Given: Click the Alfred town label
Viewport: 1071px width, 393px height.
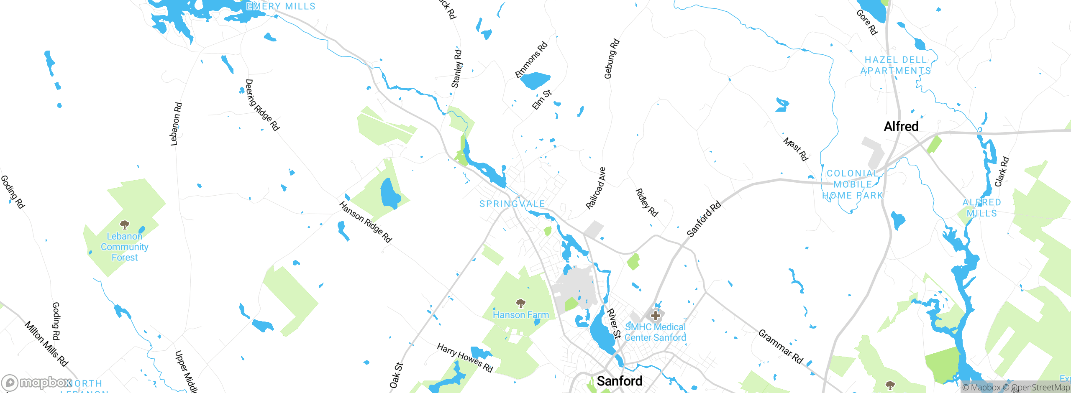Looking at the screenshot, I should pyautogui.click(x=901, y=126).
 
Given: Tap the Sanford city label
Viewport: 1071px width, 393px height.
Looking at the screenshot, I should pyautogui.click(x=619, y=381).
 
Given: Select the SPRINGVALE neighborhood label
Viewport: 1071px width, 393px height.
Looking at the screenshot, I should pyautogui.click(x=512, y=204).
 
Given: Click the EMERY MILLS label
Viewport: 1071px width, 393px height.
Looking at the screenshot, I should pyautogui.click(x=281, y=6).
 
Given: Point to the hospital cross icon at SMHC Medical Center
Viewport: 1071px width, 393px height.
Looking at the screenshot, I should pyautogui.click(x=656, y=316).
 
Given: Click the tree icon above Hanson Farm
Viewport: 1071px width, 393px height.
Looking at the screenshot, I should pyautogui.click(x=520, y=303).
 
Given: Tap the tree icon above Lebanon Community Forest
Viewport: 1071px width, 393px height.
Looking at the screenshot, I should pyautogui.click(x=124, y=225).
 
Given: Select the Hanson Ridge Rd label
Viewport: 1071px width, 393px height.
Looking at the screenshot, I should pyautogui.click(x=365, y=222).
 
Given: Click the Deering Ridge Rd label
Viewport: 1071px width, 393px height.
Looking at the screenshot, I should pyautogui.click(x=262, y=105).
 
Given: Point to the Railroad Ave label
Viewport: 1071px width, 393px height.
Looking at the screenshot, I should pyautogui.click(x=596, y=188).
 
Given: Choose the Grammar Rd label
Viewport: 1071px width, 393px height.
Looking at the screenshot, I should pyautogui.click(x=781, y=347).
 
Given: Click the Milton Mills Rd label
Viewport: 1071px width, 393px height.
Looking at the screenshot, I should pyautogui.click(x=46, y=344).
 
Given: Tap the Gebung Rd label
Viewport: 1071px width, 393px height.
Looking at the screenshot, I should pyautogui.click(x=611, y=59).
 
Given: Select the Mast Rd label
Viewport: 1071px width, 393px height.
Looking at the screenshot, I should pyautogui.click(x=795, y=149).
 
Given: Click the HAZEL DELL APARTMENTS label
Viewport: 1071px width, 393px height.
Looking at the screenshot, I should pyautogui.click(x=895, y=66).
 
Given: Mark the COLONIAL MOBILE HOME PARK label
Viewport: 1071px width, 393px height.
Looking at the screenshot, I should pyautogui.click(x=853, y=184).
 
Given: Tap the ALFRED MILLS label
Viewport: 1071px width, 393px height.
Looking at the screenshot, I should pyautogui.click(x=981, y=208).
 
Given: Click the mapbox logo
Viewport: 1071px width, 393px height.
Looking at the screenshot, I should pyautogui.click(x=37, y=383).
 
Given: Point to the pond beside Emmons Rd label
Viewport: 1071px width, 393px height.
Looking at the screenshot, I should pyautogui.click(x=534, y=80).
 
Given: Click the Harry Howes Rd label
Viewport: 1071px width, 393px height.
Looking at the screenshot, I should pyautogui.click(x=465, y=358).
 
